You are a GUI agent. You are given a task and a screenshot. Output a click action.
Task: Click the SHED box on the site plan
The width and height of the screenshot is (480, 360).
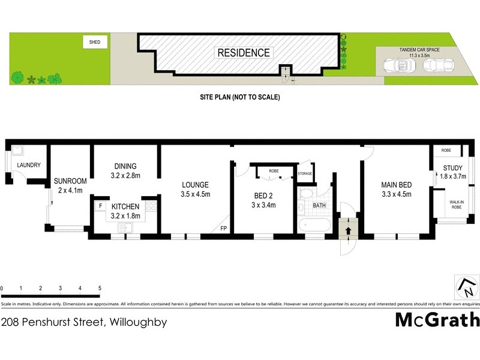[95, 42]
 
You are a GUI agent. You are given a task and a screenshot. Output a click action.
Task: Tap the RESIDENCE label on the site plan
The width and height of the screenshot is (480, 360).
[243, 53]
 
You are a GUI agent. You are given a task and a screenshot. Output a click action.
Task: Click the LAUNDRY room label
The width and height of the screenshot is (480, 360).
[28, 165]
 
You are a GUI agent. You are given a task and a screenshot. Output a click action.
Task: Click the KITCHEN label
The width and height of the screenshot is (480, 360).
[125, 207]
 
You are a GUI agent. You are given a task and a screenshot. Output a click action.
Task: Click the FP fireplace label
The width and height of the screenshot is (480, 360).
[223, 229]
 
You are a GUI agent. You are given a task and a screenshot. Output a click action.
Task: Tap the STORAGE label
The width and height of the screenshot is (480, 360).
[305, 175]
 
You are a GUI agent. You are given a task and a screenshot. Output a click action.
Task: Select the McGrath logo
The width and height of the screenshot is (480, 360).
[437, 319]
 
